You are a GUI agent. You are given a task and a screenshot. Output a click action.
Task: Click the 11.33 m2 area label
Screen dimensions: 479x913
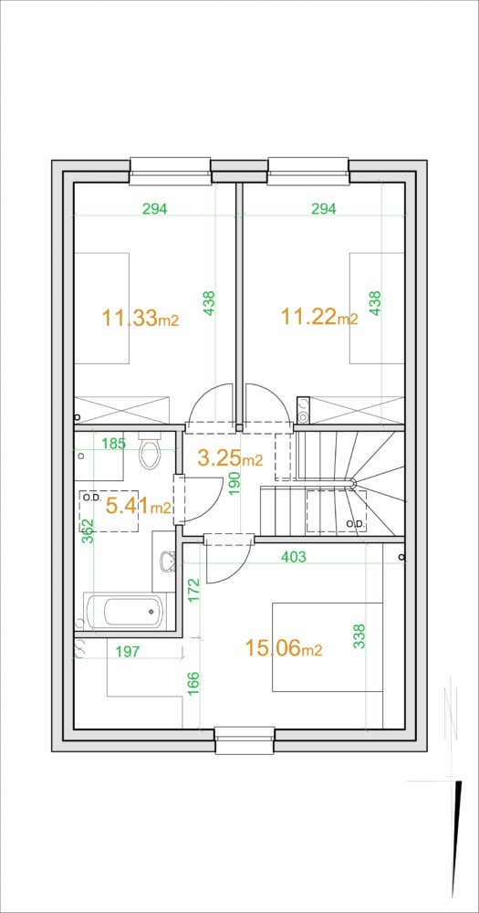pyautogui.click(x=140, y=319)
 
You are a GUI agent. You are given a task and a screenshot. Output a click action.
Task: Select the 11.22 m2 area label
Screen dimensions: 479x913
pyautogui.click(x=319, y=318)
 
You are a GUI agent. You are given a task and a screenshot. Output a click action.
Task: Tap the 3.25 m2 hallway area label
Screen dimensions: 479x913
pyautogui.click(x=230, y=458)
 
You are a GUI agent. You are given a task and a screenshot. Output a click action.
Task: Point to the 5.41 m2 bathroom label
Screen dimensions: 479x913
pyautogui.click(x=138, y=506)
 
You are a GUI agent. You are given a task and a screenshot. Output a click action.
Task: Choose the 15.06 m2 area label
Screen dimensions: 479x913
pyautogui.click(x=284, y=647)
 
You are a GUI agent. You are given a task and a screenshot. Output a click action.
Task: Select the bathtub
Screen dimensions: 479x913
pyautogui.click(x=125, y=612)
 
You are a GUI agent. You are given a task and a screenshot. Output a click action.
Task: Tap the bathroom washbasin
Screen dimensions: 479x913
pyautogui.click(x=167, y=561)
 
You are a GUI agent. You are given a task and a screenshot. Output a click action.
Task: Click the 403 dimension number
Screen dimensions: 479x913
pyautogui.click(x=294, y=557)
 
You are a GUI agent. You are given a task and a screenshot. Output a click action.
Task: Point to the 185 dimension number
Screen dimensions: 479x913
pyautogui.click(x=113, y=444)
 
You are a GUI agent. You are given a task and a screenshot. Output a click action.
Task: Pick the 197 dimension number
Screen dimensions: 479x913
pyautogui.click(x=128, y=651)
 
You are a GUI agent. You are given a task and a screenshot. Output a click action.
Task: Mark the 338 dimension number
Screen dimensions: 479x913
pyautogui.click(x=359, y=637)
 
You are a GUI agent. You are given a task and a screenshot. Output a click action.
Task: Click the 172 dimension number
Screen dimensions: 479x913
pyautogui.click(x=193, y=590)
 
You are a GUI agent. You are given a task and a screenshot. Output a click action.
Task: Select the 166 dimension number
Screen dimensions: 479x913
pyautogui.click(x=193, y=683)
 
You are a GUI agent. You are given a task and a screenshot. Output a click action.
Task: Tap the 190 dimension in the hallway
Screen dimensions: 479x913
pyautogui.click(x=235, y=483)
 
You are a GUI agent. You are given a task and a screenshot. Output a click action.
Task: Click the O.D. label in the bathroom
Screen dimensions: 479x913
pyautogui.click(x=91, y=498)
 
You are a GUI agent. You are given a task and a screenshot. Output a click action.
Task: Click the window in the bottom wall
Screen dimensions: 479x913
pyautogui.click(x=245, y=740)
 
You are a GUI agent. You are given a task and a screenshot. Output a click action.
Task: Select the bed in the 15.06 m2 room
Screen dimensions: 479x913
pyautogui.click(x=328, y=647)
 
